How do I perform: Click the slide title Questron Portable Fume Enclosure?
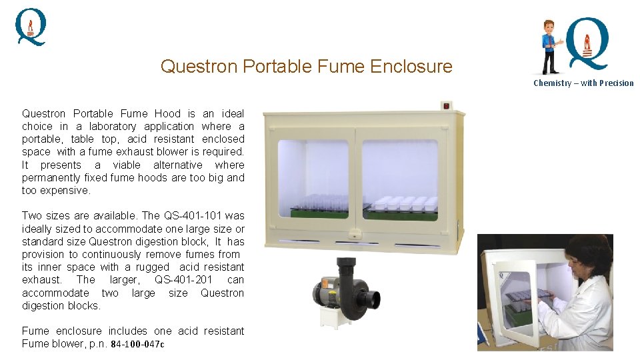coord(306,67)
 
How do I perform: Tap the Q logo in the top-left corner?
coord(31,27)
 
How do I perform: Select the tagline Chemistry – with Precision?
coord(583,83)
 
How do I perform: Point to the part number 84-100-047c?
coord(137,344)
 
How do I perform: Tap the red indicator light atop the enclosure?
coord(446,105)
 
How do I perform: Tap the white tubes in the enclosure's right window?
coord(403,203)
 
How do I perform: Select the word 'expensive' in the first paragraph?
coord(65,191)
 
